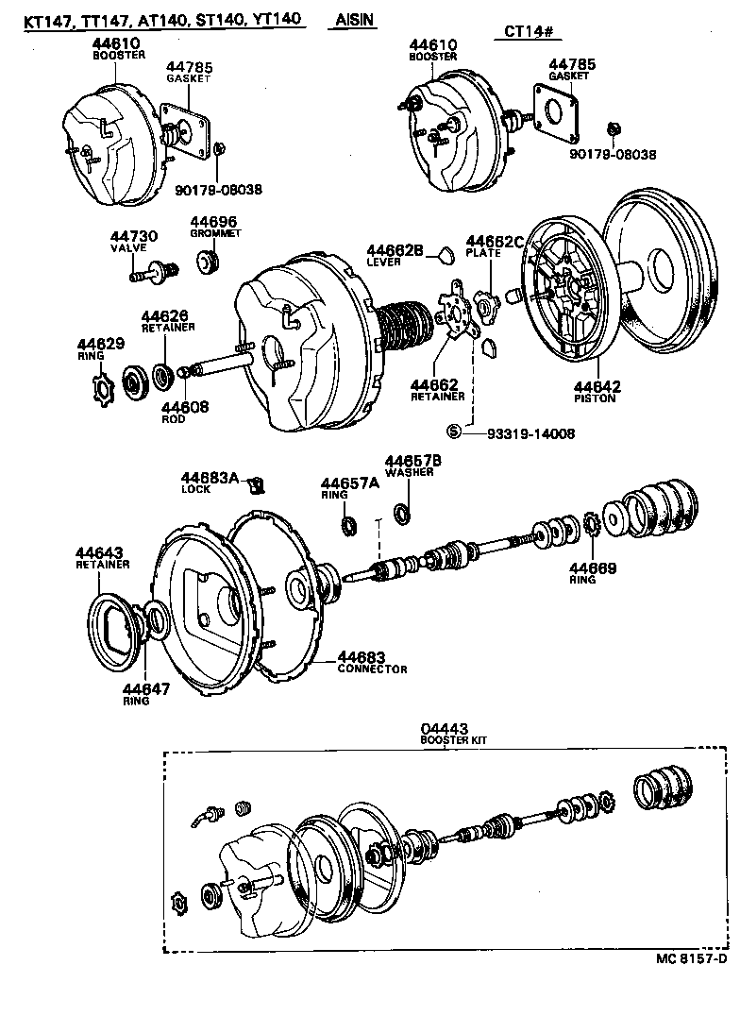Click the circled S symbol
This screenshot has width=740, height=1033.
pyautogui.click(x=453, y=432)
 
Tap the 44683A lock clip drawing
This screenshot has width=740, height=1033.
pyautogui.click(x=254, y=486)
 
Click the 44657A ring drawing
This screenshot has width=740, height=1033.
pyautogui.click(x=347, y=525)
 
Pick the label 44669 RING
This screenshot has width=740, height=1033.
pyautogui.click(x=592, y=572)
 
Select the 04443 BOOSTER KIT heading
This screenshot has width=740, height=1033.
pyautogui.click(x=447, y=735)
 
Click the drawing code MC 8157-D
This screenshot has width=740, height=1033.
pyautogui.click(x=692, y=957)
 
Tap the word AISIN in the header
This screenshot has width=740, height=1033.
pyautogui.click(x=355, y=21)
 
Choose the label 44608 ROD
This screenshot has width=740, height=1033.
pyautogui.click(x=184, y=413)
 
